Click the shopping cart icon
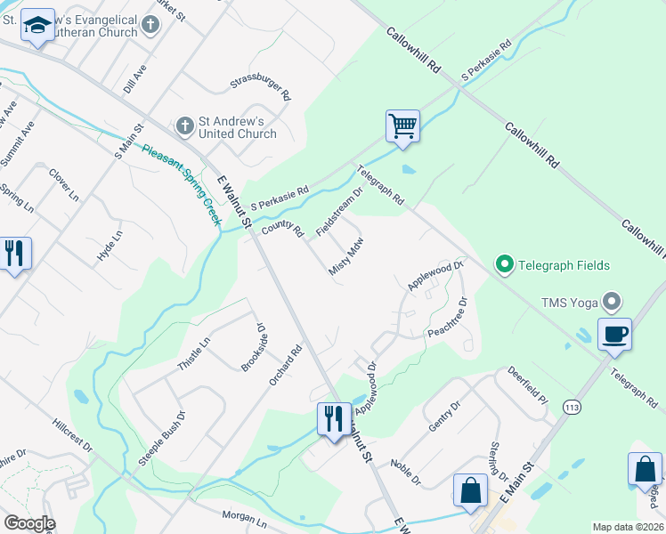pos(402,126)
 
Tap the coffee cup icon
pos(614,335)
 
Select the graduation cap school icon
pos(37,28)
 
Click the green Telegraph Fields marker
pos(504,264)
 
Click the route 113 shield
pos(573,407)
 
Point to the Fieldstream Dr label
pos(340,211)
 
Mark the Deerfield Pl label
pos(526,385)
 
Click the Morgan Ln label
pos(244,519)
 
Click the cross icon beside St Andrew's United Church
pos(185,125)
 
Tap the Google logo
pos(28,523)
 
